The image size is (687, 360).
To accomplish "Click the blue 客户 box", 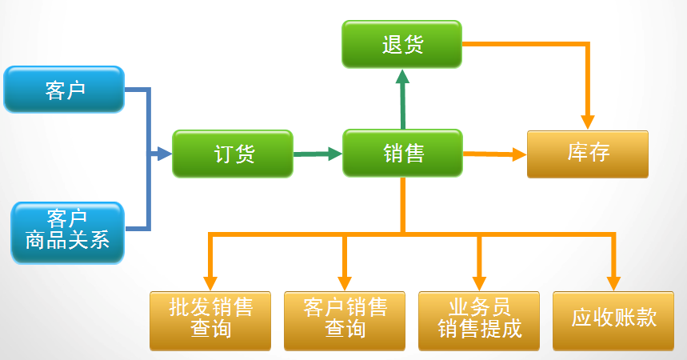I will (64, 90).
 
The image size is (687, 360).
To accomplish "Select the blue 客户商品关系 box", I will (67, 232).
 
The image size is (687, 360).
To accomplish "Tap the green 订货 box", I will (233, 154).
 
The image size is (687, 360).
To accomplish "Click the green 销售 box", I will (402, 154).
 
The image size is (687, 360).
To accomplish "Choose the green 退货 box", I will (401, 44).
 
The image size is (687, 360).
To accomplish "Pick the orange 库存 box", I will (587, 154).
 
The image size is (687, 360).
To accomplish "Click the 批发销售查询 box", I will (210, 320).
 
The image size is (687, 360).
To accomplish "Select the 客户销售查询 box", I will (345, 320).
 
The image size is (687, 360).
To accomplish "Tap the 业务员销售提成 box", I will (479, 320).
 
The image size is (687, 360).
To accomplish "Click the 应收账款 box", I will (613, 320).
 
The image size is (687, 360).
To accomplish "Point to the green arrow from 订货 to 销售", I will (318, 154).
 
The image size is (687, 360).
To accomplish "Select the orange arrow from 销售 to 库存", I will (494, 154).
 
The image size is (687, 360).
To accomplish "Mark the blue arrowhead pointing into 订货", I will (165, 154).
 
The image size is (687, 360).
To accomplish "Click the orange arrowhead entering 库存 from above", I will (588, 121).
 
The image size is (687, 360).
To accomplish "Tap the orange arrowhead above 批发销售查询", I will (210, 282).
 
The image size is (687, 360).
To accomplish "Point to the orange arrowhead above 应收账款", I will (613, 282).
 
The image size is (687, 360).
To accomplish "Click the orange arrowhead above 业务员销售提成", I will (479, 282).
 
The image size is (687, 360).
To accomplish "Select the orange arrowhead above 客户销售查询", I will (345, 282).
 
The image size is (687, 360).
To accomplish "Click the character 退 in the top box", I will (391, 44).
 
